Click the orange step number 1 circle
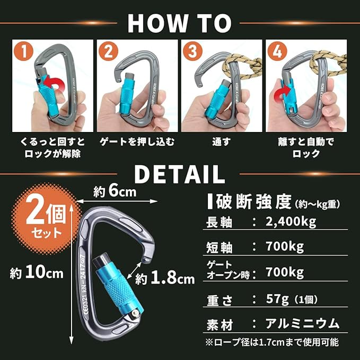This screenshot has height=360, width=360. pos(24,51)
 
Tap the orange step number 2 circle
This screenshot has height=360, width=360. pos(108,51)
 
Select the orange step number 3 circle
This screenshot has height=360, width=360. pos(193,51)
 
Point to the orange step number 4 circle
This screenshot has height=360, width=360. pos(277,51)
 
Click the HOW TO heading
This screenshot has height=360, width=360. pos(180,23)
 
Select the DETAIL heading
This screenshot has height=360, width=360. pos(180,174)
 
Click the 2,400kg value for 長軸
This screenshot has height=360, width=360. pos(291,222)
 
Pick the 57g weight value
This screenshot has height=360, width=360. pos(277,299)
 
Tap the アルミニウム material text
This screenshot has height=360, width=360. pos(302,324)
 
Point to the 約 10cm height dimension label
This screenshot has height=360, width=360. pos(37,273)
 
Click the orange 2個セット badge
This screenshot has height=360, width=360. pos(46,218)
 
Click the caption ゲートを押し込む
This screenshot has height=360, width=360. pos(137,142)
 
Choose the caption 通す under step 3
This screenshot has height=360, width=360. pos(221,142)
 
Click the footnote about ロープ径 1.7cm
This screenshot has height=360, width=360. pos(272,343)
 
